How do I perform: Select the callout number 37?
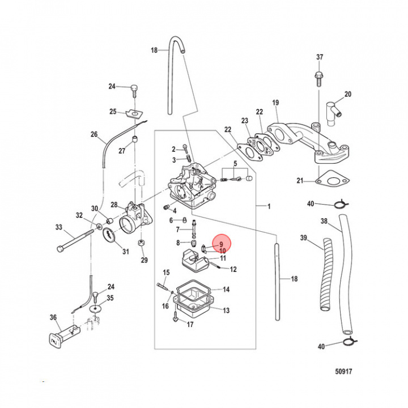click(320, 57)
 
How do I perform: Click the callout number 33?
click(58, 227)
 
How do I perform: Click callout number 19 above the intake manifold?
click(275, 103)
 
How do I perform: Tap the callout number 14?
click(226, 290)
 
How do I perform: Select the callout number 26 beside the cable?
click(94, 134)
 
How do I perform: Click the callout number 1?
click(269, 207)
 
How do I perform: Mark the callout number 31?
click(126, 252)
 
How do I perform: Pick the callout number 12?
click(233, 269)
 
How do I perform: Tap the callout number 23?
click(245, 121)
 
